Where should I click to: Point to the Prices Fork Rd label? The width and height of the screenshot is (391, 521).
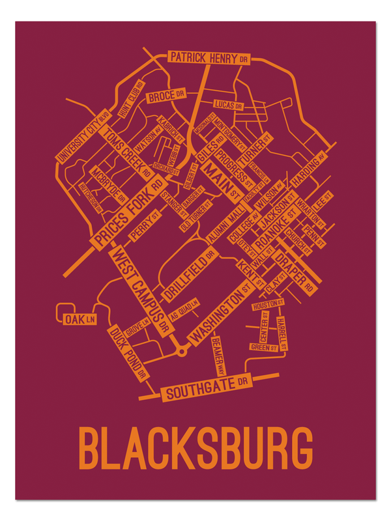click(128, 214)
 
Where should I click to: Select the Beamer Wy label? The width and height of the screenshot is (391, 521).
click(218, 355)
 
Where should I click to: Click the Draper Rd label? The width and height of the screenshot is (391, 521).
click(298, 271)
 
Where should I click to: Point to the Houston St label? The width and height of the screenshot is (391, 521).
click(268, 305)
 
